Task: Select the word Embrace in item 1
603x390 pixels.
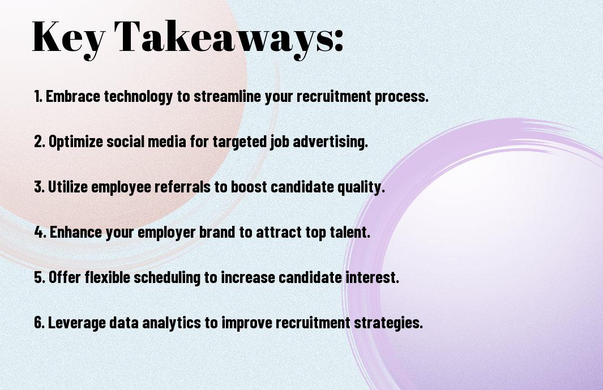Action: (73, 96)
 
